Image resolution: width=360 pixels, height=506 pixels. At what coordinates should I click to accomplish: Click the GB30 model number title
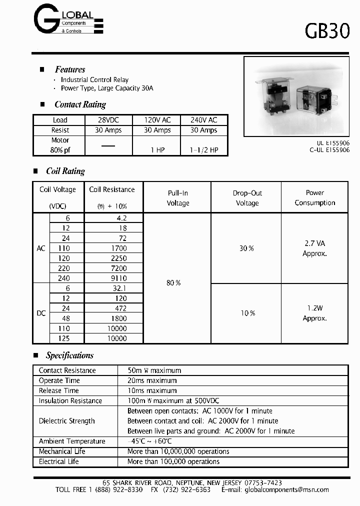point(327,31)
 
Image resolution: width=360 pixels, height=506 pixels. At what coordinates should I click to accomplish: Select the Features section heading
point(70,69)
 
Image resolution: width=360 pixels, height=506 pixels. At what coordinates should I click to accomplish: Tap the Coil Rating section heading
point(65,171)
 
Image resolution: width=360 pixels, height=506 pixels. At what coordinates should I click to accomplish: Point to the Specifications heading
point(69,355)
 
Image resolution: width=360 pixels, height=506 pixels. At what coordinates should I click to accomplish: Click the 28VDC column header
point(108,120)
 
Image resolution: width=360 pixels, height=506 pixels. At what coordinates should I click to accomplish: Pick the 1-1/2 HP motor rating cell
point(204,150)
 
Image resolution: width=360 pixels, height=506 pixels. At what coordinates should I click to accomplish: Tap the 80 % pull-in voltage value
point(173,283)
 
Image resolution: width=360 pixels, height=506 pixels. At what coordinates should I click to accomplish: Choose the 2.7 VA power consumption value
point(314,243)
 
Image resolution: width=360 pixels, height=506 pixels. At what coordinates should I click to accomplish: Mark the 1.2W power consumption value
point(314,308)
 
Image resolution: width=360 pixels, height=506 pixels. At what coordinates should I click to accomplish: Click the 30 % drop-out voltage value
point(247,248)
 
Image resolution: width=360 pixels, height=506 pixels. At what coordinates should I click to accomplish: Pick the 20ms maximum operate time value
point(152,380)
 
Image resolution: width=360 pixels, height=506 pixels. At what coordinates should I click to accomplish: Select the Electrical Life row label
point(59,461)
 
